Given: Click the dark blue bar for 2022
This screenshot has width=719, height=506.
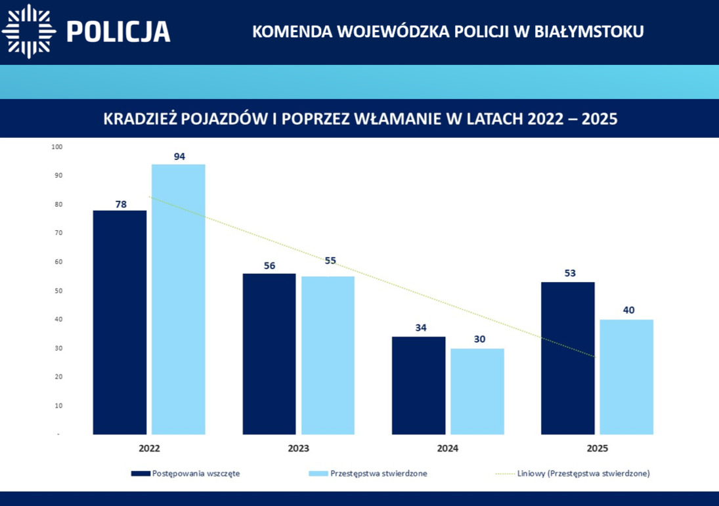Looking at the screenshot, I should (x=120, y=322).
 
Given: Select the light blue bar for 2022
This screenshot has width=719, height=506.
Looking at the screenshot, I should (x=178, y=299).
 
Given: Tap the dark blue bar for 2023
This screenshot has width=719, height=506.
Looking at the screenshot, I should (x=269, y=354).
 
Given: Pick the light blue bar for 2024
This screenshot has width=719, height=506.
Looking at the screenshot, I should (x=477, y=391).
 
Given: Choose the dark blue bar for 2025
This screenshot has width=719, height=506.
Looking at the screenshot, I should (x=568, y=358).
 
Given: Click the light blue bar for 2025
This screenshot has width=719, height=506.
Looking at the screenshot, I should (x=626, y=377).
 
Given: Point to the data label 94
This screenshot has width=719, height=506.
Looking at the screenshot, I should (x=179, y=157).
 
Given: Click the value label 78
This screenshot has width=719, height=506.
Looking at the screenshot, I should (x=121, y=204).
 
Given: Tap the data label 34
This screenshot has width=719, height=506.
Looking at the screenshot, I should (x=421, y=327).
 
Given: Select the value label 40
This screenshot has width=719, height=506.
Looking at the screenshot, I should (x=628, y=310).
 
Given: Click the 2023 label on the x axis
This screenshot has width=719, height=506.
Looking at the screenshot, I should (x=299, y=449).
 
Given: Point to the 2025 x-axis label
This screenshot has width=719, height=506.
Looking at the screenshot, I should (x=598, y=449).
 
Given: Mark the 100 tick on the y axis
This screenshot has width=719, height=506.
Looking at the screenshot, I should (x=56, y=146).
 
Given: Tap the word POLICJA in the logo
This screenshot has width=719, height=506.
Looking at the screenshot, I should (x=119, y=31).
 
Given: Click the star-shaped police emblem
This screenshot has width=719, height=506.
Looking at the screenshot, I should (x=29, y=31).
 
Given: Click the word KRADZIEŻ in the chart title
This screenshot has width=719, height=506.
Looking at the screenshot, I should (x=139, y=119).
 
